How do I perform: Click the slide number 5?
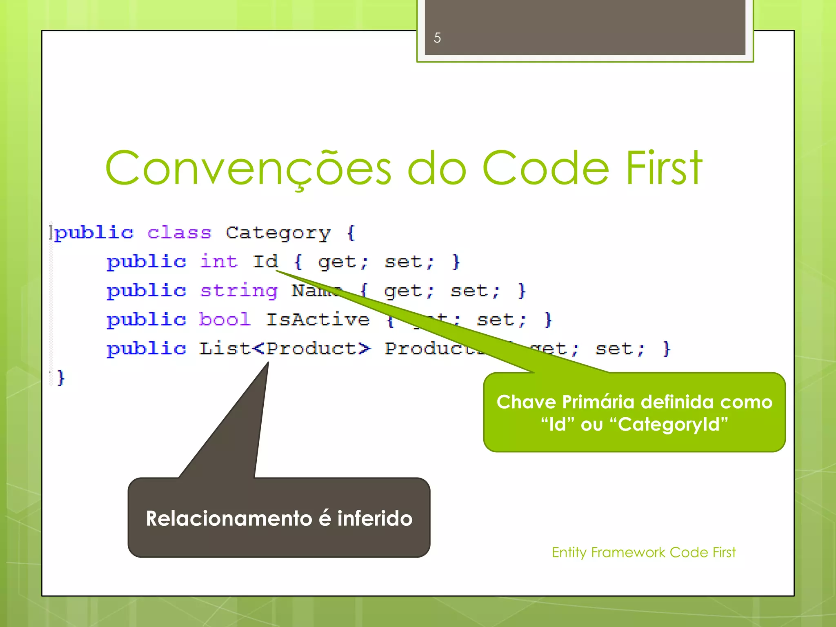437,38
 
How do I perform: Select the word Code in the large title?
546,168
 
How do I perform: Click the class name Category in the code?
278,233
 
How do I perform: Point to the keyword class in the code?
179,233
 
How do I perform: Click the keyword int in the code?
219,262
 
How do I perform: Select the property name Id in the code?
265,262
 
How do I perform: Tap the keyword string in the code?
239,291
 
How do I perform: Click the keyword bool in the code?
225,320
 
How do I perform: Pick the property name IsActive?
318,320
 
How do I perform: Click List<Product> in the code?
285,349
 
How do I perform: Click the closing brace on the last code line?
61,378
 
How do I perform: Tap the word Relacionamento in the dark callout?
229,518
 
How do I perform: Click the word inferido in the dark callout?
375,518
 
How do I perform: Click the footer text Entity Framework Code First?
643,552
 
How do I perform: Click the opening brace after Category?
351,233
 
